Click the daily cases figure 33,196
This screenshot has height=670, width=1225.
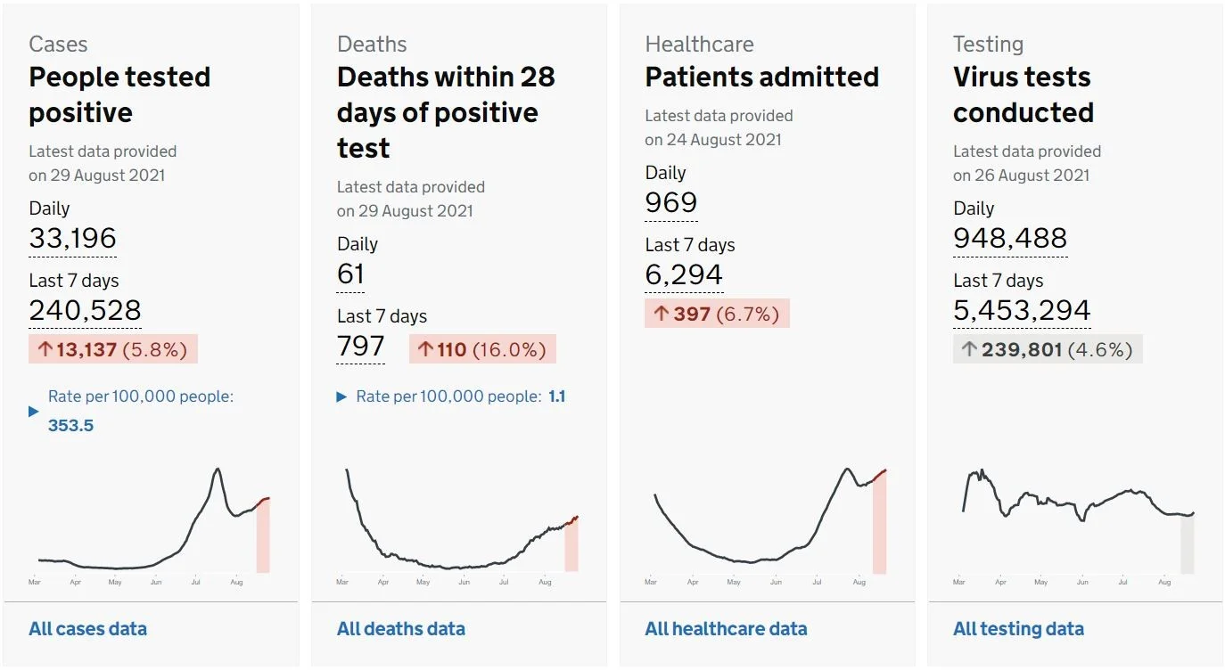point(73,238)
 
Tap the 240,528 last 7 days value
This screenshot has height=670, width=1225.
point(86,310)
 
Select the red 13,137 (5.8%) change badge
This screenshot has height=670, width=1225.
point(113,349)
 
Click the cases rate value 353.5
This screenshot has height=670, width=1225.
point(70,425)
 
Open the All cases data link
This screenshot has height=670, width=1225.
point(88,629)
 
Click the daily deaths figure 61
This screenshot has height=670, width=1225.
point(350,274)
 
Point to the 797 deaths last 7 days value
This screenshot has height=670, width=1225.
point(361,346)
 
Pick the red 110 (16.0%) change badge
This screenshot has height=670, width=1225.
point(482,349)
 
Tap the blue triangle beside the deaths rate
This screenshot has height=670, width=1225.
point(341,396)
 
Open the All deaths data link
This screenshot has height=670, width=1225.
point(401,629)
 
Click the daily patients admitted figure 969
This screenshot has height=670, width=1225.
point(671,203)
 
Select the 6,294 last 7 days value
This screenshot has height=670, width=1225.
point(684,274)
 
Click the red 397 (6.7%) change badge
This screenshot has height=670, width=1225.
point(717,314)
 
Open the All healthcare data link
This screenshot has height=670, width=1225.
point(727,629)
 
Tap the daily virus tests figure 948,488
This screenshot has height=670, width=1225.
point(1010,238)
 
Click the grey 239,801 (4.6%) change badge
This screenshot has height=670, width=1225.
point(1048,349)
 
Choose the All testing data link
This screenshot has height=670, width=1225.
point(1019,629)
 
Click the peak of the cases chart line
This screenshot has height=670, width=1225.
point(218,469)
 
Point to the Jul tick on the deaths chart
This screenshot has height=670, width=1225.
point(504,582)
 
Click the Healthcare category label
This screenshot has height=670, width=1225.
point(700,45)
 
